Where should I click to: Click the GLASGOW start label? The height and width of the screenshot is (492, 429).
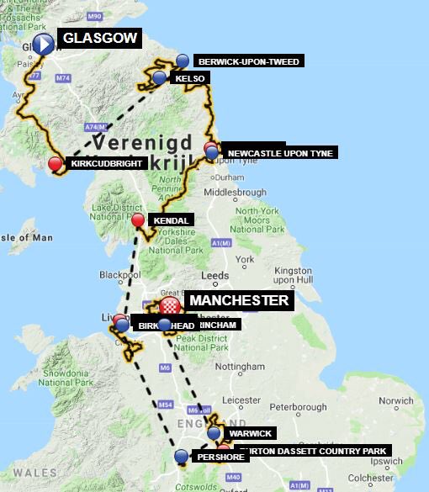pos(98,39)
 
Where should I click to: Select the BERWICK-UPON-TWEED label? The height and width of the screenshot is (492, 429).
pos(247,61)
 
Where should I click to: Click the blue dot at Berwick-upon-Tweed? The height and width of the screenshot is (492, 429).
pos(183,61)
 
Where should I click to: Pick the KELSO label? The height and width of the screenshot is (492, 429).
pos(190,78)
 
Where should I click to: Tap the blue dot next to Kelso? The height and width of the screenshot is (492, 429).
pos(160,78)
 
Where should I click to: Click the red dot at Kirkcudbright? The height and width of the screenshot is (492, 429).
pos(56,163)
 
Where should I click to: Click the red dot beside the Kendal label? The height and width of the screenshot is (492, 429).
pos(138,220)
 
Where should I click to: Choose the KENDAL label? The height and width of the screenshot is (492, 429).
pos(171,220)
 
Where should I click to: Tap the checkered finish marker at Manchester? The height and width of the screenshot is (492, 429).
pos(171,304)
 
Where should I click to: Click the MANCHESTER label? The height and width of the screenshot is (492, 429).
pos(239,300)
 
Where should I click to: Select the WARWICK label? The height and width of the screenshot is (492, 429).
pos(251,433)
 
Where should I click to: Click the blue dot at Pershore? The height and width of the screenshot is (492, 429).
pos(182,456)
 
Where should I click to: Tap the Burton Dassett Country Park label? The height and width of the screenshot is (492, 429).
pos(313,452)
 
